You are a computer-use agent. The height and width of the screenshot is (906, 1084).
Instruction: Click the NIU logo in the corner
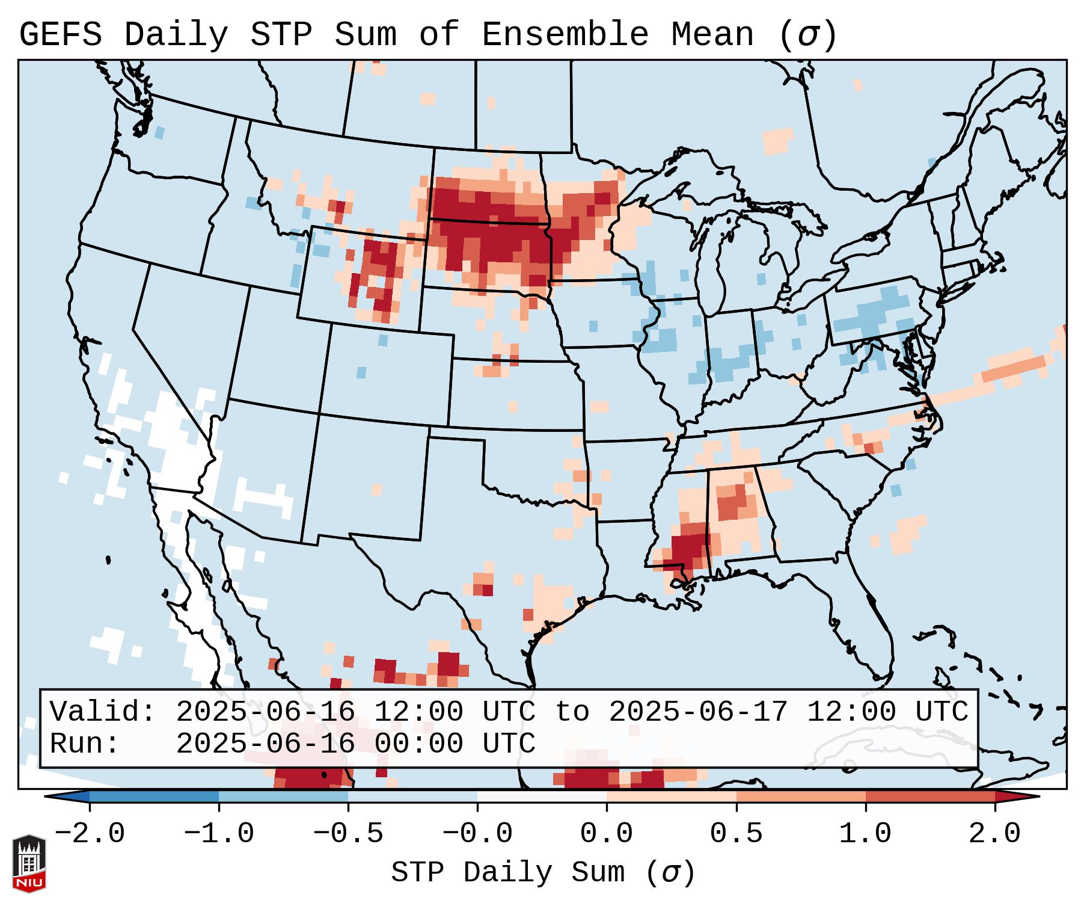(x=29, y=863)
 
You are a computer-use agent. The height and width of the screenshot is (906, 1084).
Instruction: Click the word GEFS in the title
(x=60, y=34)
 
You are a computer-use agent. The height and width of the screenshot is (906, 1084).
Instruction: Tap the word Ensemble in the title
(x=565, y=34)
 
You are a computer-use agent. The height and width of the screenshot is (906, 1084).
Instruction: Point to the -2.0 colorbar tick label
(x=90, y=834)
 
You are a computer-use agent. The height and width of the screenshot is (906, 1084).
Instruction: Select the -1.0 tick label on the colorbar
(x=219, y=834)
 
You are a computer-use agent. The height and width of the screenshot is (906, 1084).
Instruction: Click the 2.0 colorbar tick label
(x=994, y=834)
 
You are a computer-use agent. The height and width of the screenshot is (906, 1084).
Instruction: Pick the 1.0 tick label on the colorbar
(x=865, y=834)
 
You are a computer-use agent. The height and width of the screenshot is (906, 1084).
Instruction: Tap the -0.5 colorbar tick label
(x=348, y=834)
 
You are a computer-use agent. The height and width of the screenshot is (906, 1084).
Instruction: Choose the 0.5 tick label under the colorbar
(x=736, y=834)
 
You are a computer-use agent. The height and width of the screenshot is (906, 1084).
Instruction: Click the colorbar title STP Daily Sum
(x=543, y=872)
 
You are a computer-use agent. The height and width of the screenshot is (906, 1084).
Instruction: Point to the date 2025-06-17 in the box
(x=697, y=712)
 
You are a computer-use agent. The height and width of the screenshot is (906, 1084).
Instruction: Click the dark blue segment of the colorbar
(x=154, y=796)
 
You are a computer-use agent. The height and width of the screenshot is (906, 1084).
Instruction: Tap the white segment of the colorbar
(x=542, y=796)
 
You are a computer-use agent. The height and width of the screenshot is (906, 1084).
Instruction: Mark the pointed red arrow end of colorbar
(x=1025, y=796)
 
